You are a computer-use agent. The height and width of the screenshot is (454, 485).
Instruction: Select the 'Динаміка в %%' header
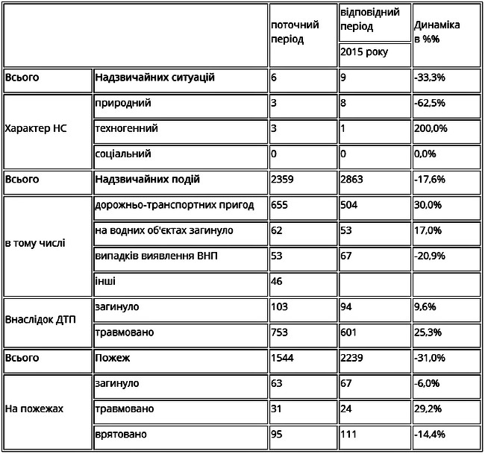click(x=436, y=31)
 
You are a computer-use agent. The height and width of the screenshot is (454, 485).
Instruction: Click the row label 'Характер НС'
click(x=36, y=128)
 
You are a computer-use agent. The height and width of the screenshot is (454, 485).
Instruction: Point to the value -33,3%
click(x=430, y=78)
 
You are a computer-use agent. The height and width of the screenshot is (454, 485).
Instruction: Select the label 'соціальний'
click(x=124, y=154)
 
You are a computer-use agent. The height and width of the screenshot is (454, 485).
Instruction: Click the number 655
click(x=280, y=205)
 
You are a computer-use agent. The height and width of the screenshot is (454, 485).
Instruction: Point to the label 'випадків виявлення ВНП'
click(x=157, y=256)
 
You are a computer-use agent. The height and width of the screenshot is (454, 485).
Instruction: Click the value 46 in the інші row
click(x=278, y=282)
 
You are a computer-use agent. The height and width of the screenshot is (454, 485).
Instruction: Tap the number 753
click(x=280, y=332)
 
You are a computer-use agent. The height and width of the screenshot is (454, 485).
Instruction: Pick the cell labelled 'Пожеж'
click(x=113, y=358)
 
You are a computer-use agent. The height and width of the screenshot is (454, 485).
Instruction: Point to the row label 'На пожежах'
click(x=35, y=409)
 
